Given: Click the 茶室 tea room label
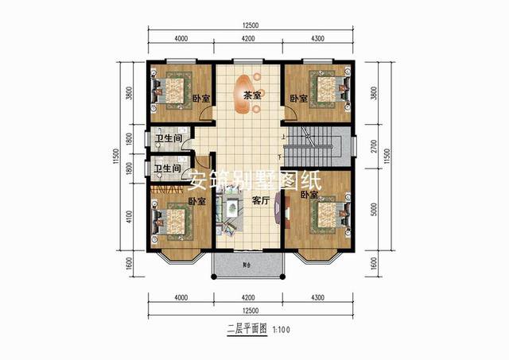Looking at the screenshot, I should (253, 95).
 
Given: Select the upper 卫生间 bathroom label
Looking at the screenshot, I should (168, 139).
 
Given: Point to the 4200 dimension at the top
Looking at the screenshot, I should (248, 38).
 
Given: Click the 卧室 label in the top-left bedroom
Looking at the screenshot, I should (201, 99).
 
